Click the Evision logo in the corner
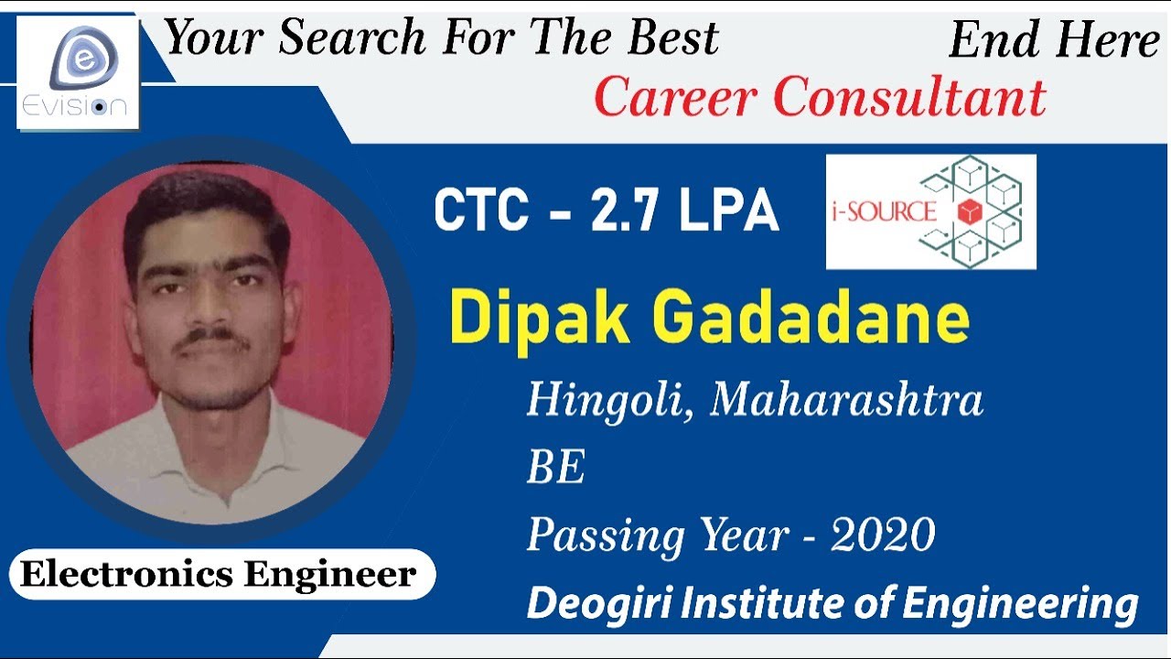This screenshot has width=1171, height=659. coord(79,73)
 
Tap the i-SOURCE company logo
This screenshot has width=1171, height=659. coord(930,211)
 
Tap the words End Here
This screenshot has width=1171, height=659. coord(1054,40)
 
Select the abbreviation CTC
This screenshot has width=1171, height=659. coord(480,211)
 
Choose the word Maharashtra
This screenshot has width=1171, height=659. coord(846,400)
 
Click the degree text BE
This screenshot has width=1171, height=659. coord(555,468)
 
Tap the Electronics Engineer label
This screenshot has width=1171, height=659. coord(219,575)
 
